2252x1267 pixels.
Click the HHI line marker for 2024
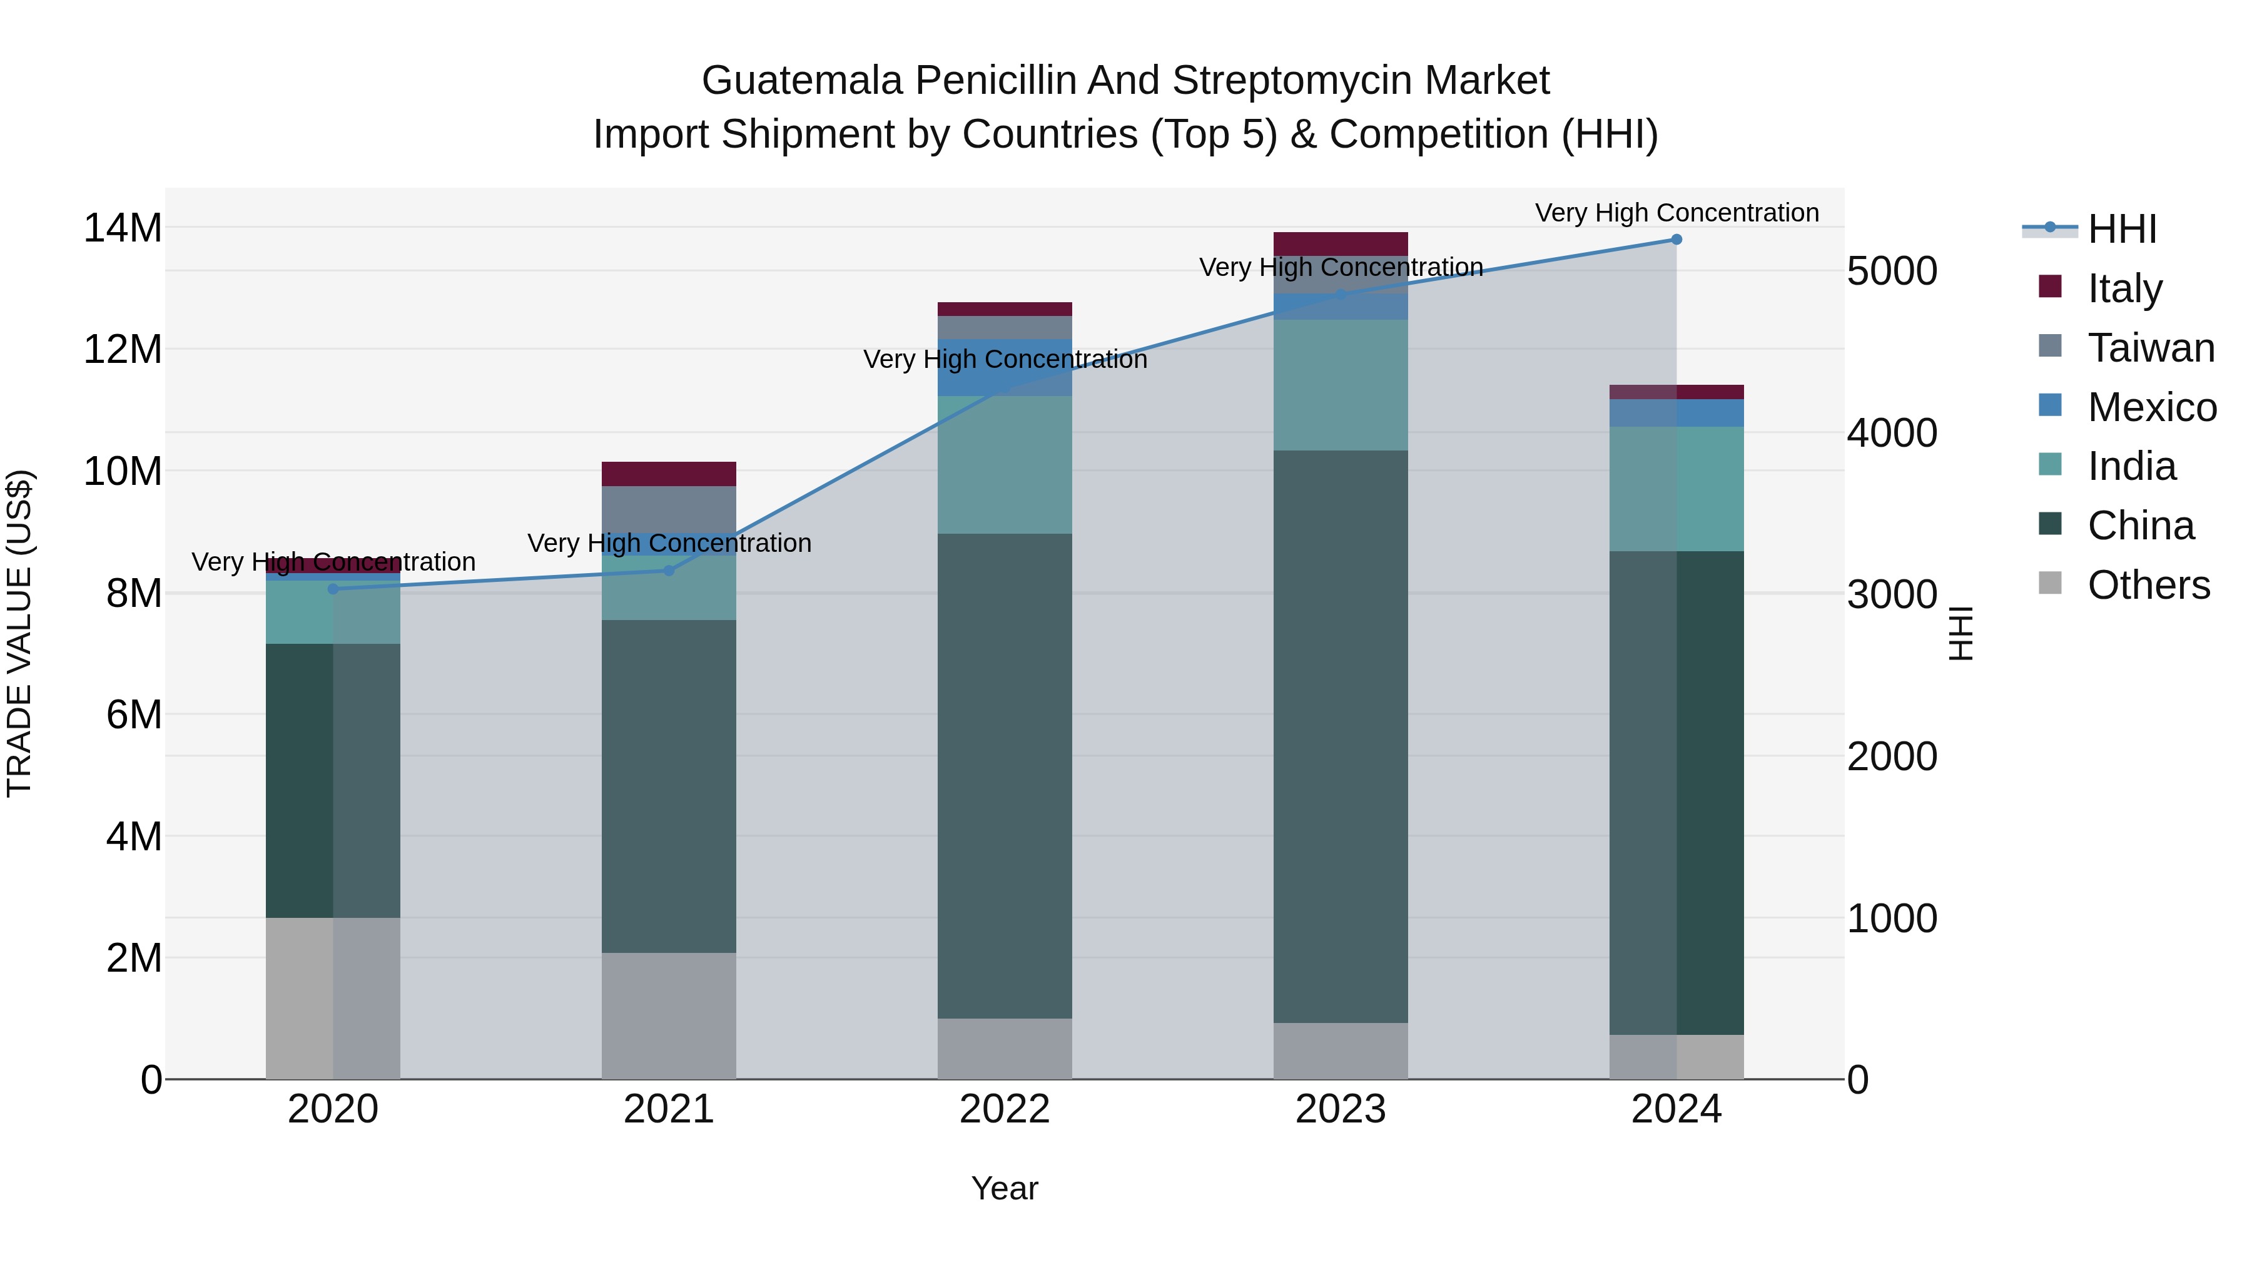coord(1676,240)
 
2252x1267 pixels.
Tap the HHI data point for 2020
coord(333,589)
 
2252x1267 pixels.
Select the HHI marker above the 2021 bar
coord(669,571)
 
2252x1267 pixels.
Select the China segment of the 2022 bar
coord(1005,776)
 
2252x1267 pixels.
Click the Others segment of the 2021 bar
coord(669,1015)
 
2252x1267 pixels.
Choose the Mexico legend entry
coord(2151,407)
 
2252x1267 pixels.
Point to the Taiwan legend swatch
coord(2050,346)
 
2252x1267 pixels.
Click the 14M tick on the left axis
coord(123,228)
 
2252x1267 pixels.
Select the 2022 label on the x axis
coord(1005,1109)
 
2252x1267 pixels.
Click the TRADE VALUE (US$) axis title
coord(19,633)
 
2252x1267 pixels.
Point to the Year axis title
coord(1005,1188)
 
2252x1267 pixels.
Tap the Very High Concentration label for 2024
coord(1676,213)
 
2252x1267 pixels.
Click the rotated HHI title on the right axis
coord(1961,633)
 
